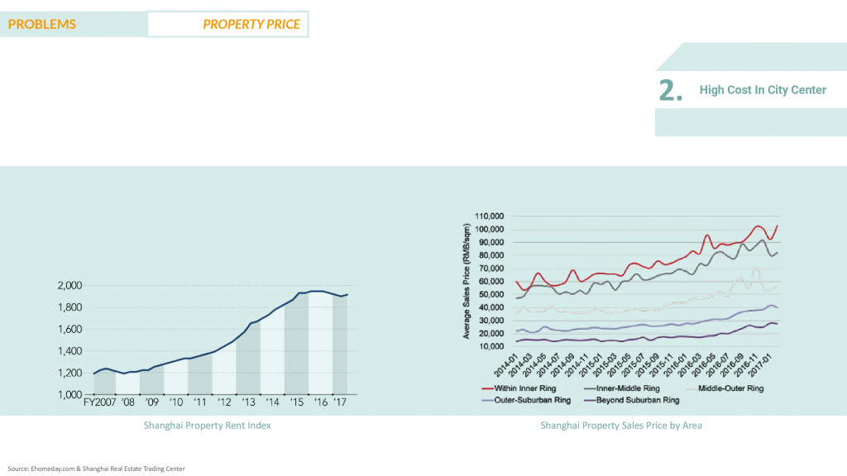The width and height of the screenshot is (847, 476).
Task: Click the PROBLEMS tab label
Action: point(42,24)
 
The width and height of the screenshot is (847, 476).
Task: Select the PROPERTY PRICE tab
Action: point(251,24)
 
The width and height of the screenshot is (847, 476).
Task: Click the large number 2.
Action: point(671,91)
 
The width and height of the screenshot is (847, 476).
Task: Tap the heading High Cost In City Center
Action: point(763,90)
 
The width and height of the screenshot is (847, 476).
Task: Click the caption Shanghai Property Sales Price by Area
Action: point(621,426)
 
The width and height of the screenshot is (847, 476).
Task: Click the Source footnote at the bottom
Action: point(96,469)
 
